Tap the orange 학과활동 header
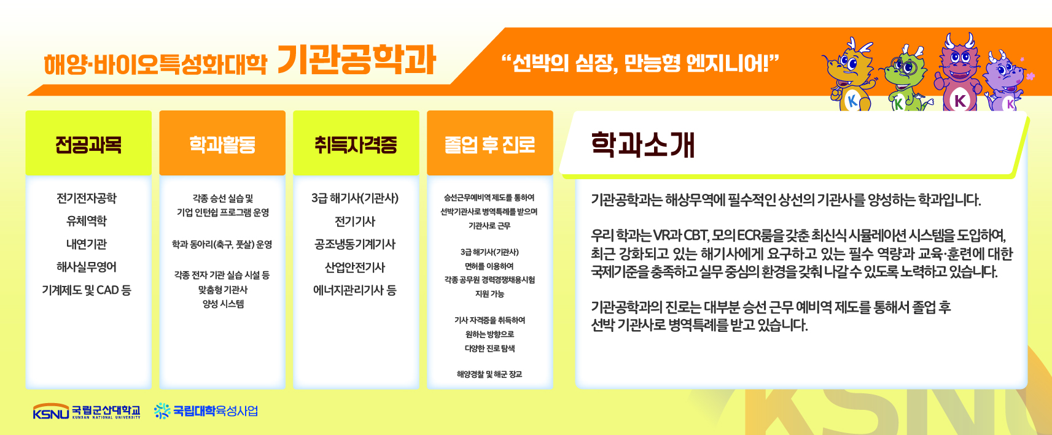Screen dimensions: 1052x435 click(x=222, y=143)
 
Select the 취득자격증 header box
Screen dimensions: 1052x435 click(x=356, y=143)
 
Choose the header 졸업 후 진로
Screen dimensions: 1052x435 click(x=490, y=143)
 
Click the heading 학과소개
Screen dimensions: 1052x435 click(x=642, y=145)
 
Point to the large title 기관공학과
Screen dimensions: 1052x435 click(x=357, y=60)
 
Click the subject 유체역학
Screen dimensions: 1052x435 click(x=87, y=221)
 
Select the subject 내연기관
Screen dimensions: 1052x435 click(x=87, y=244)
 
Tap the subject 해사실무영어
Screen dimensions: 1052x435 click(x=87, y=267)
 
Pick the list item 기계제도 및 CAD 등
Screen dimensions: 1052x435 click(x=87, y=290)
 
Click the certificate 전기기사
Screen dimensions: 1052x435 click(x=355, y=221)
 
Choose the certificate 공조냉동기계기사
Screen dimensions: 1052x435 click(x=355, y=244)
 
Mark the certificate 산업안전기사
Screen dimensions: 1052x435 click(x=355, y=267)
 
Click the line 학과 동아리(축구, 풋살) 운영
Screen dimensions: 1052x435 click(x=222, y=244)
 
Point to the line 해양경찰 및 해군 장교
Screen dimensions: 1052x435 click(x=489, y=374)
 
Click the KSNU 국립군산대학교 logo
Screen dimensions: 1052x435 click(x=87, y=411)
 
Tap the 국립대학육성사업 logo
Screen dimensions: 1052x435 click(x=206, y=411)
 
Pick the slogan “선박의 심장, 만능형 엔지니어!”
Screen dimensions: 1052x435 click(x=640, y=63)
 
